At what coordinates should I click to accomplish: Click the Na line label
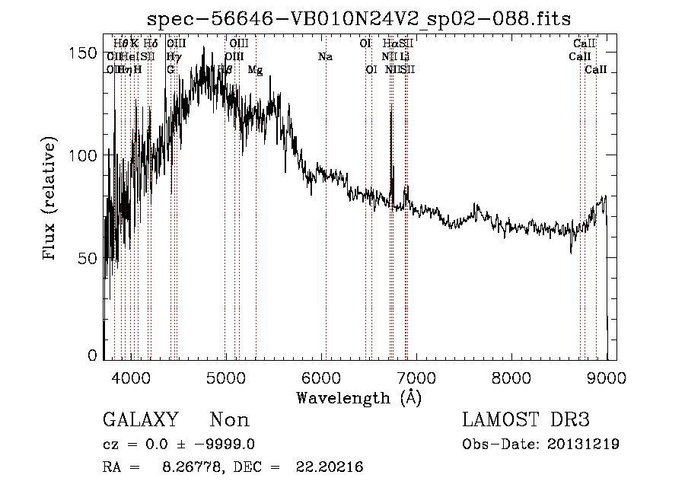coord(325,56)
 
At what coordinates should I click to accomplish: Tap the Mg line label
coord(256,70)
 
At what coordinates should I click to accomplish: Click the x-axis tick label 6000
coord(320,377)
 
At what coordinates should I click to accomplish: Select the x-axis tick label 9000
coord(606,377)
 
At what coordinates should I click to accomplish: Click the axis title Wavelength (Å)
coord(358,397)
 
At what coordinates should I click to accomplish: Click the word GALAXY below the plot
coord(140,420)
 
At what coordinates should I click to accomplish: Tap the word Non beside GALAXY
coord(229,420)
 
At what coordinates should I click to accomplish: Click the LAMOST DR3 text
coord(526,420)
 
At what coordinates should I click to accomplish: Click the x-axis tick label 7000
coord(416,377)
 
